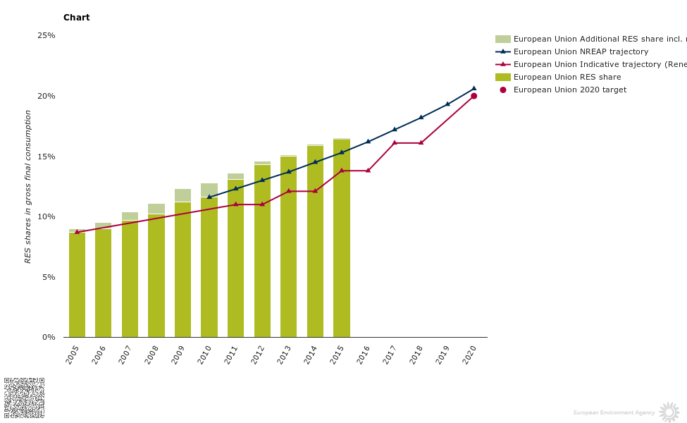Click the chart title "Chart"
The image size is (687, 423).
[x=76, y=18]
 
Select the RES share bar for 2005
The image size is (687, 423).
[x=77, y=285]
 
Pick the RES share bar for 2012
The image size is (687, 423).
[x=262, y=251]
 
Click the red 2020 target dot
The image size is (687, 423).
[x=474, y=96]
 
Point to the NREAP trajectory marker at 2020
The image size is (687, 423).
[x=474, y=88]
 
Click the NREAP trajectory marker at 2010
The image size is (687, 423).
[x=209, y=197]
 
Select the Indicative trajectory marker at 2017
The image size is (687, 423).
[x=395, y=142]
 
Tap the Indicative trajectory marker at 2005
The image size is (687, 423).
[x=77, y=231]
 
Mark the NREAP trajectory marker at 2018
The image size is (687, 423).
[x=421, y=117]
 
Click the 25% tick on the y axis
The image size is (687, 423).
[x=47, y=35]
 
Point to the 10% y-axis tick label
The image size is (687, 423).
[x=47, y=216]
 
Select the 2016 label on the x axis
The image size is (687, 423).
[x=364, y=354]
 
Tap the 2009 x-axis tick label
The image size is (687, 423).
[x=178, y=354]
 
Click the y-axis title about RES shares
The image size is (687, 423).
[x=28, y=186]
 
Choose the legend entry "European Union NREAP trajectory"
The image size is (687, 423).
[x=581, y=51]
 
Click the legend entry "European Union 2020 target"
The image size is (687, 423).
[x=569, y=90]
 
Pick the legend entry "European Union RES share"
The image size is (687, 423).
[x=567, y=77]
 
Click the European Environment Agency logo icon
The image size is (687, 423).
[x=669, y=412]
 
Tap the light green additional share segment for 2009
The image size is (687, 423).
[x=182, y=195]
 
